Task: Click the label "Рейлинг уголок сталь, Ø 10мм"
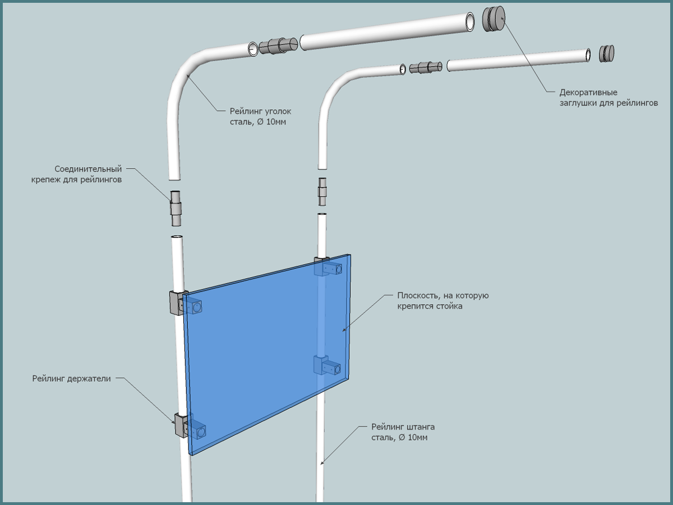(x=260, y=116)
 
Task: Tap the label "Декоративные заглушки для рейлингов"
(x=608, y=98)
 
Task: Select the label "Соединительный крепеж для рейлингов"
(x=88, y=174)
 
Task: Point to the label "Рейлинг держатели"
(x=72, y=379)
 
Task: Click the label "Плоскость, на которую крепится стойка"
(x=443, y=301)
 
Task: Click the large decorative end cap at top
(x=494, y=20)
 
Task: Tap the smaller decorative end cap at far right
(x=606, y=53)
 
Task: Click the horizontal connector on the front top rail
(x=279, y=45)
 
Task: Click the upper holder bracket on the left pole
(x=175, y=302)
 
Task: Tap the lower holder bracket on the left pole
(x=181, y=425)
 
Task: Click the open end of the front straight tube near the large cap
(x=469, y=22)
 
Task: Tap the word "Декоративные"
(x=584, y=93)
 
